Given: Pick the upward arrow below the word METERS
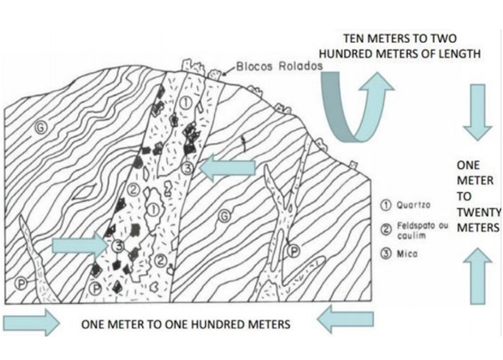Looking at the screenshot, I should pyautogui.click(x=477, y=276).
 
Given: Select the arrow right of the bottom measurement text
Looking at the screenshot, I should pyautogui.click(x=345, y=321).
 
